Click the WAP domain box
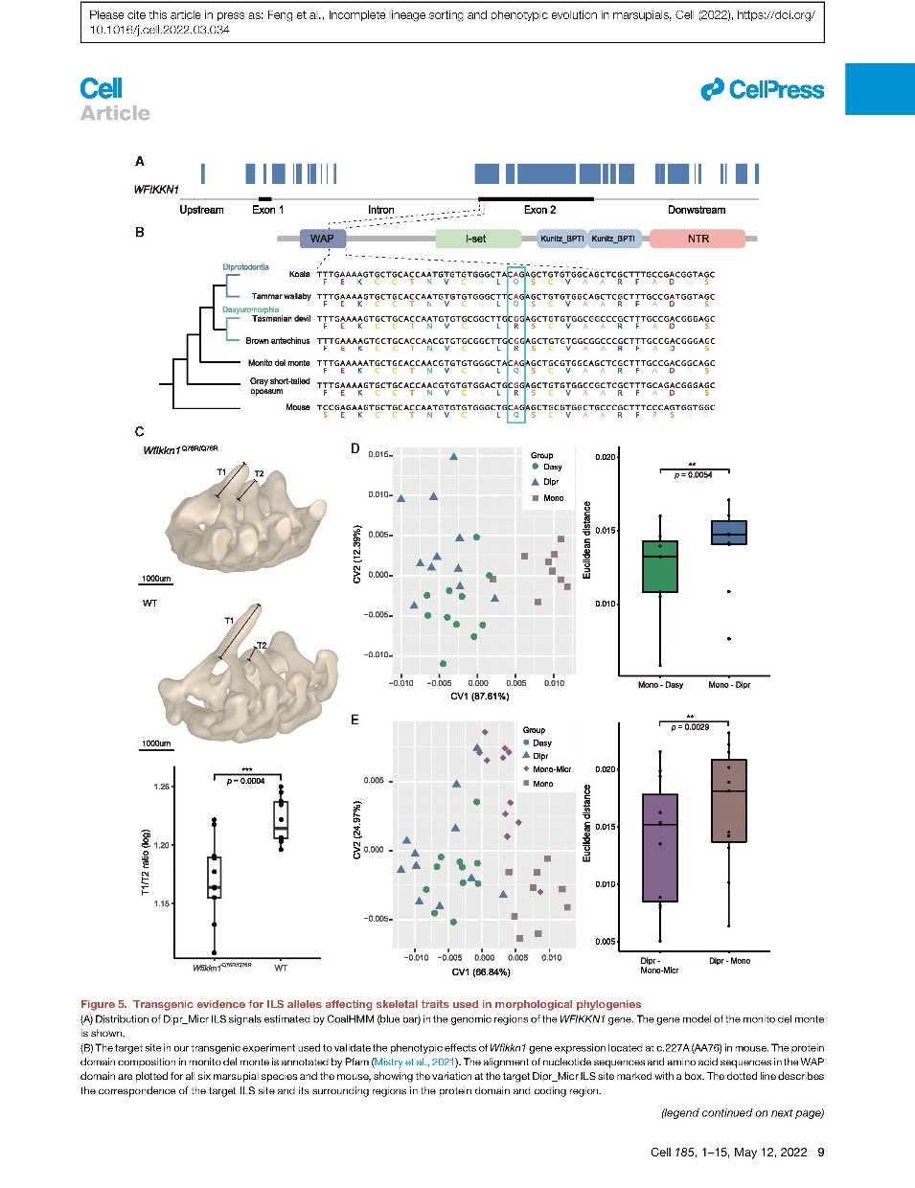[322, 239]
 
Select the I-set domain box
[475, 239]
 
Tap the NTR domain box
[698, 239]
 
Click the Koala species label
[299, 274]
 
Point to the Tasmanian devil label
[281, 319]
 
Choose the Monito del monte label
[279, 363]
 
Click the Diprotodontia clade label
[245, 267]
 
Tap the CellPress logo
[763, 90]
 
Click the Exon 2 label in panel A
[539, 210]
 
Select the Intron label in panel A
[380, 210]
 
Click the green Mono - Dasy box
[659, 566]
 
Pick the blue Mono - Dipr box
[728, 533]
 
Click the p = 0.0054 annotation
[694, 475]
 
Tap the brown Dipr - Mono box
[728, 801]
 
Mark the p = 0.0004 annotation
[246, 781]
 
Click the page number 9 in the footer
[820, 1153]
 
